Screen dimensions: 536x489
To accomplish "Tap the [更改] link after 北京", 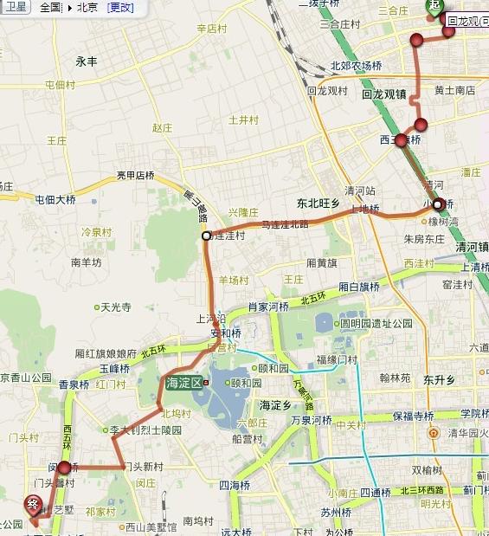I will tap(120, 8).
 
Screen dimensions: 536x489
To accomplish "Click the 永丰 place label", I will tap(87, 61).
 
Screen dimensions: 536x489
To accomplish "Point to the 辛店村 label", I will tap(211, 29).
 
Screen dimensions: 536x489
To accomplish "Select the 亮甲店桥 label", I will tap(136, 175).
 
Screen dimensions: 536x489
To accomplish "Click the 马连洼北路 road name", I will tap(285, 223).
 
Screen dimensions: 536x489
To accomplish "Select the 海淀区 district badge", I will tap(183, 382).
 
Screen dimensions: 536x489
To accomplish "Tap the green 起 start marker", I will tap(432, 5).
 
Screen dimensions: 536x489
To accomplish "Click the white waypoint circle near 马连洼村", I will tap(206, 236).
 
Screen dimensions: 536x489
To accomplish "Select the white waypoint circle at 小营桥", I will tap(438, 204).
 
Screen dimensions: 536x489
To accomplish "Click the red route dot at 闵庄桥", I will tap(64, 468).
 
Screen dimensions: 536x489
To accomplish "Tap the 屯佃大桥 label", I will tap(55, 199).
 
